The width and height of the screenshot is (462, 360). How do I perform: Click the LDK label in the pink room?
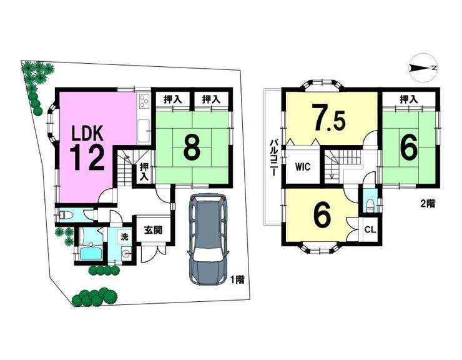tap(88, 133)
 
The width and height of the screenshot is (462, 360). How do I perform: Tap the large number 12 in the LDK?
tap(87, 158)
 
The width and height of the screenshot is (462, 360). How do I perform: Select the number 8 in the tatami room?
tap(192, 147)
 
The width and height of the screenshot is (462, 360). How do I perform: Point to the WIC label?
tap(303, 167)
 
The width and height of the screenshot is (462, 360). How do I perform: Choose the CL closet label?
tap(370, 229)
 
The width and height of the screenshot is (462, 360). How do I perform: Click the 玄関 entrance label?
tap(153, 229)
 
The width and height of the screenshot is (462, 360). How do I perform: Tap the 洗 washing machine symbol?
tap(124, 237)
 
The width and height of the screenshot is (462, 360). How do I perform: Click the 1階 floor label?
tap(237, 280)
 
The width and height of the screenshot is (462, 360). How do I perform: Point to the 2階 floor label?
tap(428, 204)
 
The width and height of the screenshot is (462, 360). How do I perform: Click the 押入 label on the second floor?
tap(409, 99)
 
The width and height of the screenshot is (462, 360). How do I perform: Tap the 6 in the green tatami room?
tap(410, 147)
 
